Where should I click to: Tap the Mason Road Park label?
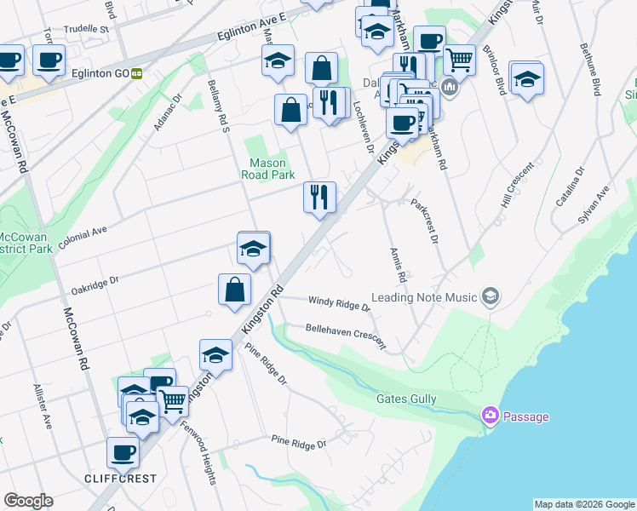point(271,169)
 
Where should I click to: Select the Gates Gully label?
point(407,399)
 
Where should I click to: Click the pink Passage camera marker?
point(491,416)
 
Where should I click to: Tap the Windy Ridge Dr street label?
point(339,302)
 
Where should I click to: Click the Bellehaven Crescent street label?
point(345,336)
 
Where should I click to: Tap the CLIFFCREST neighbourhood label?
point(120,479)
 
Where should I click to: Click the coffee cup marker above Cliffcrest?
point(123,453)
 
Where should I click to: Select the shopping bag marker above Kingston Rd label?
point(234,290)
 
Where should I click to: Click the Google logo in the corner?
point(28,501)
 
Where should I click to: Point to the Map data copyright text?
point(583,504)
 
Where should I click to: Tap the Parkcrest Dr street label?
point(423,221)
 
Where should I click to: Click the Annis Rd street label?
point(396,266)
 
